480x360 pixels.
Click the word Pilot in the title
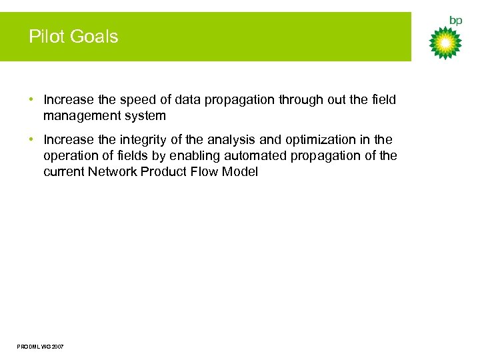pyautogui.click(x=45, y=37)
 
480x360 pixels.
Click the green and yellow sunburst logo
pyautogui.click(x=445, y=43)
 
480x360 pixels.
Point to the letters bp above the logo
pyautogui.click(x=455, y=21)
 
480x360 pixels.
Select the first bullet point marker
pyautogui.click(x=32, y=100)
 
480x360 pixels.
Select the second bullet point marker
pyautogui.click(x=32, y=140)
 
